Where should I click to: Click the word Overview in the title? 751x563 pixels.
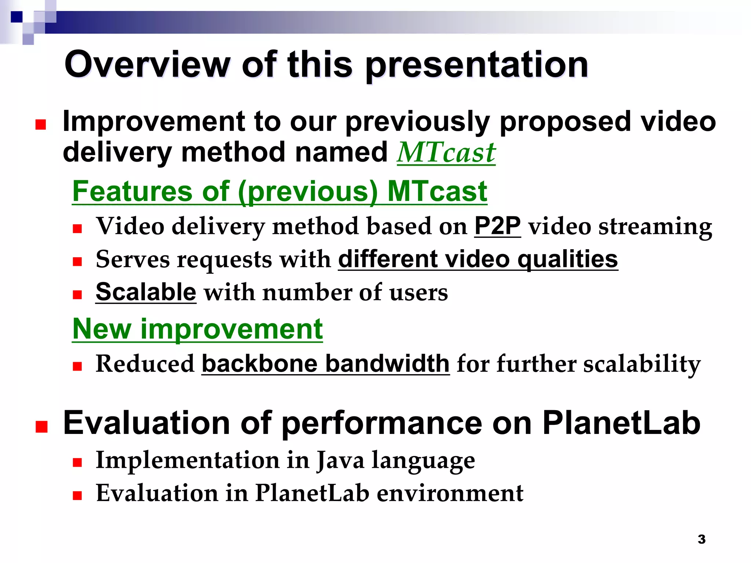147,65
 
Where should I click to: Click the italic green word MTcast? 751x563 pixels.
446,153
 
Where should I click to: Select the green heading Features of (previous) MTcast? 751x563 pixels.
279,191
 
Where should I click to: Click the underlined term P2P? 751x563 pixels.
497,226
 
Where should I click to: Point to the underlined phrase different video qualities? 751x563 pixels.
478,259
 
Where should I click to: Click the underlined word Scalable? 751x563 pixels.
146,292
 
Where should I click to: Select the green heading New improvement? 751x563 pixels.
197,329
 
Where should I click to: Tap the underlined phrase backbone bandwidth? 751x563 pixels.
325,364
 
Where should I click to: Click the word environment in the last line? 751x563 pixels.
450,493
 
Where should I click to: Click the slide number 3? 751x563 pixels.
701,539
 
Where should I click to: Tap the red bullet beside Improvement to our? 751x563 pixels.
41,125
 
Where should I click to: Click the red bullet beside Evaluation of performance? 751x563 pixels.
41,427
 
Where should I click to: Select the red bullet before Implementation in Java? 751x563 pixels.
77,463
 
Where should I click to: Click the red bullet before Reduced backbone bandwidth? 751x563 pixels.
77,366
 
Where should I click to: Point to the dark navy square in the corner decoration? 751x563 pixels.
17,16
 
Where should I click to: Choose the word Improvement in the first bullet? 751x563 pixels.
154,122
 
